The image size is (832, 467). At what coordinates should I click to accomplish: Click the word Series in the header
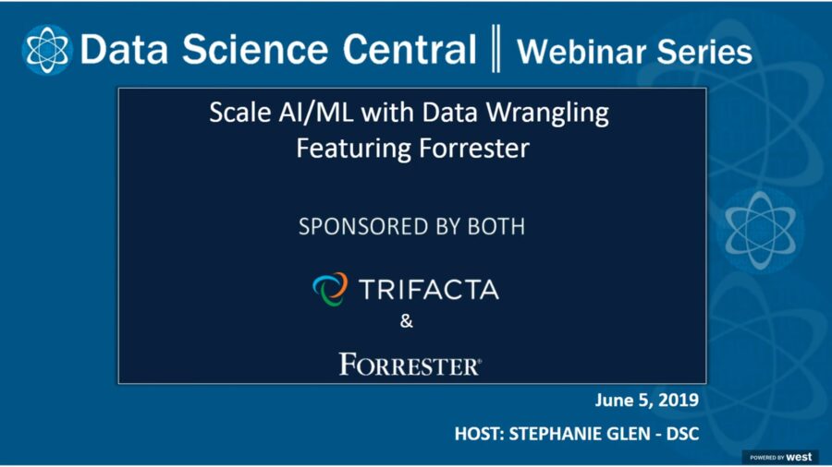[705, 52]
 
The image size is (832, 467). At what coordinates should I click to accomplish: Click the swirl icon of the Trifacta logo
[329, 289]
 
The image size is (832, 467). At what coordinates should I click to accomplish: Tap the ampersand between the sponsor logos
[407, 322]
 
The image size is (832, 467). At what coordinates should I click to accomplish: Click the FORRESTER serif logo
[410, 365]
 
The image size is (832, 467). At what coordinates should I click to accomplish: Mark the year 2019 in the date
[676, 401]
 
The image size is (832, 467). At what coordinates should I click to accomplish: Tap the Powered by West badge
[780, 457]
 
